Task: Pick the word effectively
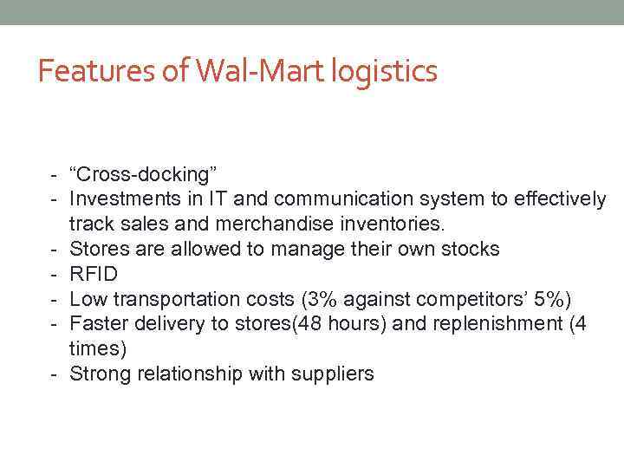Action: (x=560, y=199)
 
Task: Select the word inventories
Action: (x=388, y=224)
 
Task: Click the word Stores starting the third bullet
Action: (x=96, y=250)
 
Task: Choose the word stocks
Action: (x=468, y=250)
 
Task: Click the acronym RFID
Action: (x=93, y=275)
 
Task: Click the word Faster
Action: (x=98, y=325)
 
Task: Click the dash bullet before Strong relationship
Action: (x=54, y=374)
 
